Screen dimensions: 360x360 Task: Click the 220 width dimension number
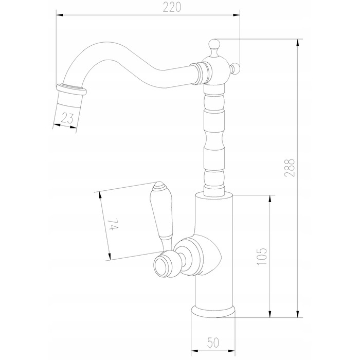(172, 7)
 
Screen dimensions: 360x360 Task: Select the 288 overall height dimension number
(289, 168)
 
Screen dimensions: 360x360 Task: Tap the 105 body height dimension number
(262, 256)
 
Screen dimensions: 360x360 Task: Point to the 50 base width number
(213, 343)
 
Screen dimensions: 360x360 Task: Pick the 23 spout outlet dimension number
(67, 118)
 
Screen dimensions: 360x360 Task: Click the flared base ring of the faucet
(213, 312)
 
